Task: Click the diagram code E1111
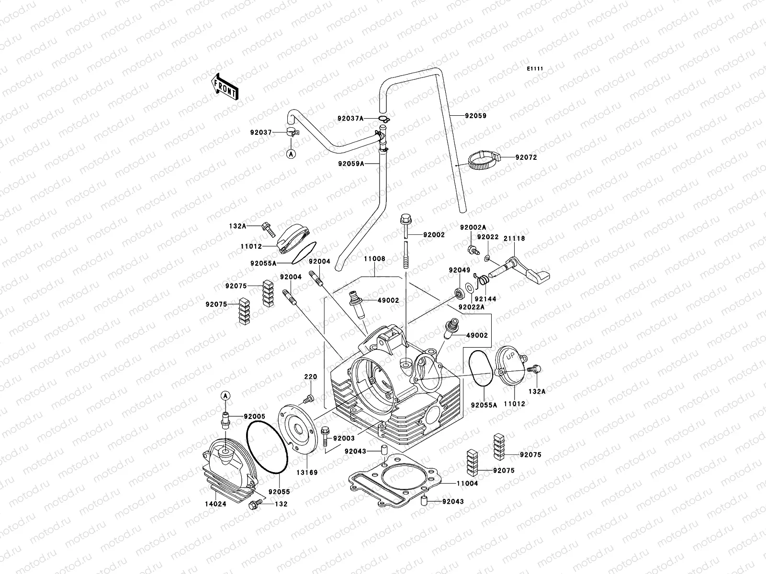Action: click(535, 69)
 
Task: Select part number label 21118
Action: click(514, 238)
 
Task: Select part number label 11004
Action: click(467, 484)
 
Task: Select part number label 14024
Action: click(213, 504)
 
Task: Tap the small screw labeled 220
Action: click(309, 398)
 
